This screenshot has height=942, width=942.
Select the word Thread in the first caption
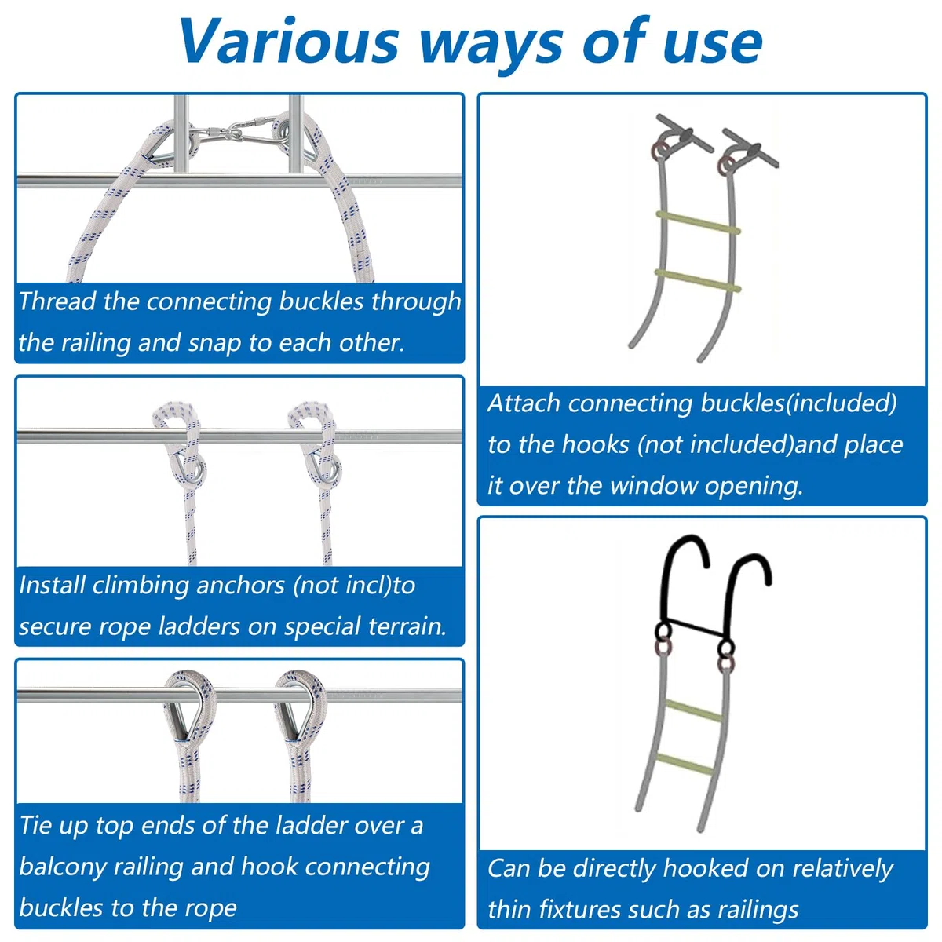(x=57, y=301)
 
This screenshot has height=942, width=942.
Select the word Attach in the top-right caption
(x=524, y=403)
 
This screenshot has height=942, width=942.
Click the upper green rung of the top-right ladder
(x=698, y=222)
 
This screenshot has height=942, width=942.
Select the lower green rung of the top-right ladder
(x=698, y=280)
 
